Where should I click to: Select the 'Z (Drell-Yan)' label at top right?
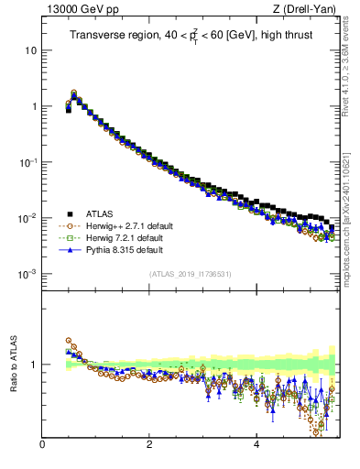click(311, 10)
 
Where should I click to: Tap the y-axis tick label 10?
click(31, 50)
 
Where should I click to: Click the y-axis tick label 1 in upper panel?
click(34, 106)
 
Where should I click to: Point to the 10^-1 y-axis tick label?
click(29, 161)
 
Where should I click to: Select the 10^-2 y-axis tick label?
click(29, 217)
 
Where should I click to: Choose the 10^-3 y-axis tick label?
click(29, 274)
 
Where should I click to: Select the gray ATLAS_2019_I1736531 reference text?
click(190, 274)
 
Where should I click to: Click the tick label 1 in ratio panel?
click(34, 365)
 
